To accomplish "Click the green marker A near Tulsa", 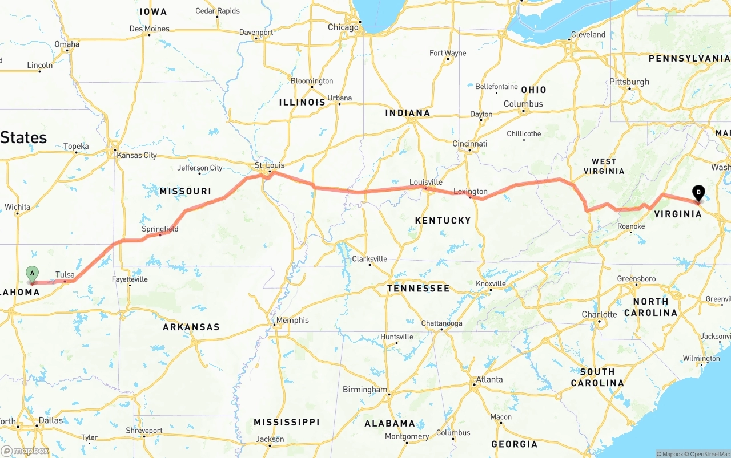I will coord(33,273).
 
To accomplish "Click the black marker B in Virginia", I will coord(698,193).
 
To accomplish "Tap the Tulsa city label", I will coord(65,275).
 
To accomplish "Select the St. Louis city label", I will coord(270,165).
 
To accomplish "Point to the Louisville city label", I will coord(426,182).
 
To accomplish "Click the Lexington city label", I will coord(471,191).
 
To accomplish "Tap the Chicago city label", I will coord(343,27).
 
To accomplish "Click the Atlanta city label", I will coord(489,379).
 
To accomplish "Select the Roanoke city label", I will coord(631,226).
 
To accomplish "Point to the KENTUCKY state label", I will coord(443,220).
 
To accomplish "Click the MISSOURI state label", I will coord(185,191).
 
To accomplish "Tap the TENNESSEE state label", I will coord(418,289).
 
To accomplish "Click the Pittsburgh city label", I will coord(629,82).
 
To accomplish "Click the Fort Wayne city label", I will coord(448,53).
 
